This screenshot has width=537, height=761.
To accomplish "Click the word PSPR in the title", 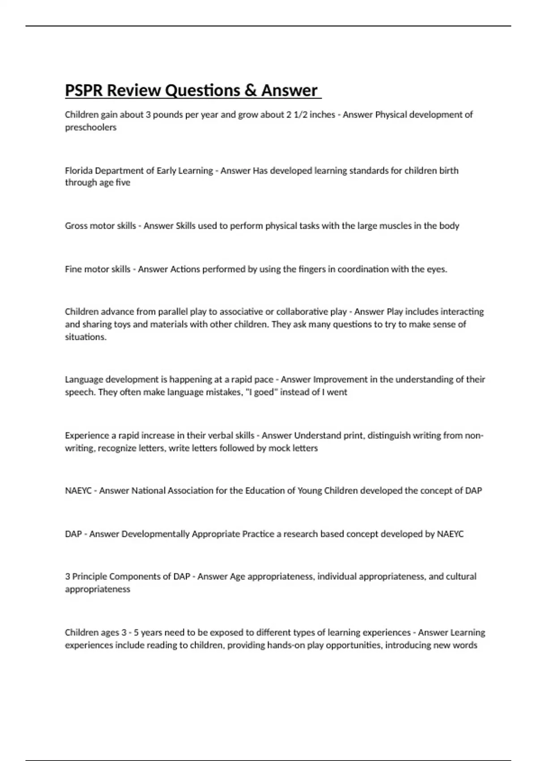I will point(84,90).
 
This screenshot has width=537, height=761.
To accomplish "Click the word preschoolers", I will point(90,128).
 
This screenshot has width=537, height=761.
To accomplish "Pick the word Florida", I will point(79,171).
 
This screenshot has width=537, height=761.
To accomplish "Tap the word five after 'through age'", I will point(123,183).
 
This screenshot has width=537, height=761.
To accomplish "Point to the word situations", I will point(85,337).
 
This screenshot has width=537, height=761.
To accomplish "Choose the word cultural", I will point(460,577).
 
